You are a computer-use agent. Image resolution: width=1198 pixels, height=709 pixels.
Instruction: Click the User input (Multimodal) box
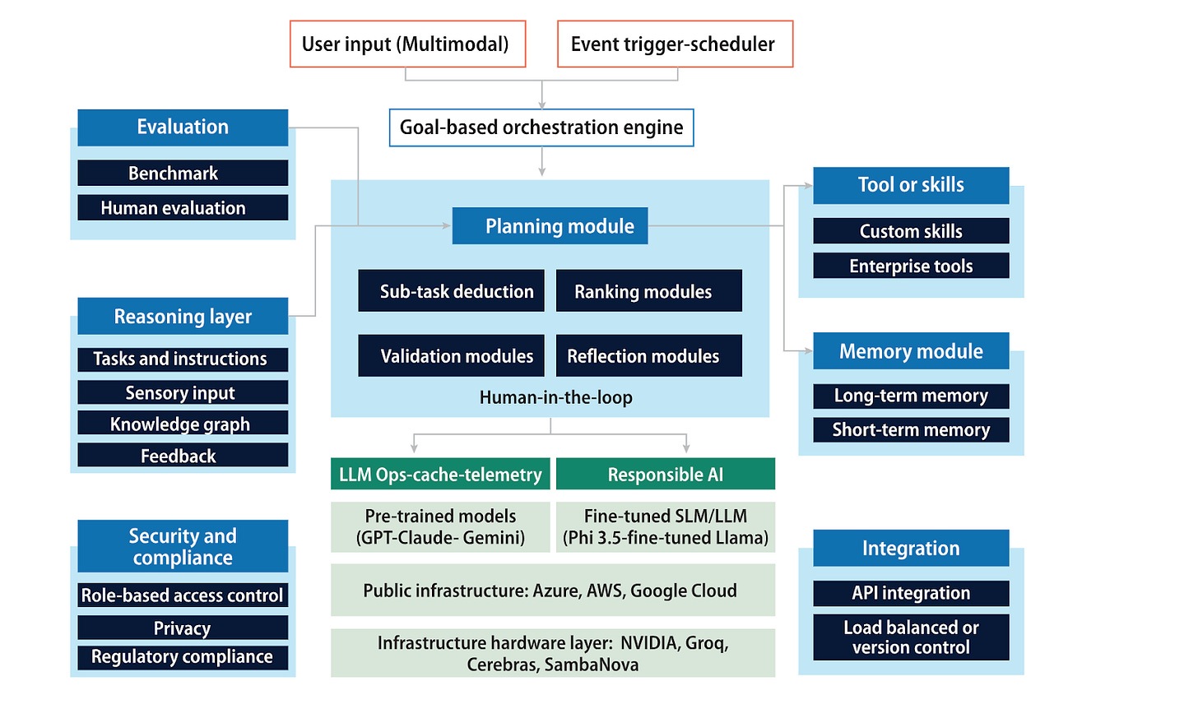[x=407, y=44]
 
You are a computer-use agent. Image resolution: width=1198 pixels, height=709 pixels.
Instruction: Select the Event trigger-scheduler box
[x=675, y=44]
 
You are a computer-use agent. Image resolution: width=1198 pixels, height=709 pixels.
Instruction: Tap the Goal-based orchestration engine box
[x=541, y=127]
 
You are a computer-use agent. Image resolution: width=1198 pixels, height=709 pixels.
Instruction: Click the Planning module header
[x=550, y=226]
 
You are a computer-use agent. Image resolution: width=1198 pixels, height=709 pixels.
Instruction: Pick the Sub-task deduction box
[x=451, y=291]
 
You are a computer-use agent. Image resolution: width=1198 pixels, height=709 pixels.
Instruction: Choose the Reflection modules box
[x=648, y=356]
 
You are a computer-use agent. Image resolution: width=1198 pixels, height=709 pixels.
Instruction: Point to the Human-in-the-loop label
[x=556, y=397]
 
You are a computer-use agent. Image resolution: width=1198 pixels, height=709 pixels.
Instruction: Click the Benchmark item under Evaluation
[x=183, y=174]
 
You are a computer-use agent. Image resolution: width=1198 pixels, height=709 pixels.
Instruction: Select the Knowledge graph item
[x=183, y=424]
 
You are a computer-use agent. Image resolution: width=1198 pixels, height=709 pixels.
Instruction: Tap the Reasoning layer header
[x=183, y=317]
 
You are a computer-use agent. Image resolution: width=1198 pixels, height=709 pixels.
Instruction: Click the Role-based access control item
[x=183, y=595]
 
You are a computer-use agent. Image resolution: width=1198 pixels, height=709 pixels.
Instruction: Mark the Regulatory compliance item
[x=183, y=656]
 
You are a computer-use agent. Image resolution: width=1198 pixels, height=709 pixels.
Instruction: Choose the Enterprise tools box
[x=911, y=266]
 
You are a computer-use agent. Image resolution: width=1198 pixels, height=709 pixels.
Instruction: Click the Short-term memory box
[x=911, y=429]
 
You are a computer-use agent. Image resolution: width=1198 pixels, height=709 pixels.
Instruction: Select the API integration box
[x=911, y=593]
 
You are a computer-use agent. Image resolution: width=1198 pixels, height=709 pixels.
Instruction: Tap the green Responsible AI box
[x=665, y=475]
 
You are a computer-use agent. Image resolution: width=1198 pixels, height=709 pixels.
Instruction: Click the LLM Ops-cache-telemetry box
[x=440, y=475]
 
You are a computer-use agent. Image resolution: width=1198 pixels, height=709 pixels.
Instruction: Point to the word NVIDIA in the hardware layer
[x=649, y=643]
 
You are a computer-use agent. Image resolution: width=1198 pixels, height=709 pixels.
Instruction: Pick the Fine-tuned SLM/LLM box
[x=665, y=526]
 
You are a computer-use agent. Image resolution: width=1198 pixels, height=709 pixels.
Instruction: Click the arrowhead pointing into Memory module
[x=809, y=351]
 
